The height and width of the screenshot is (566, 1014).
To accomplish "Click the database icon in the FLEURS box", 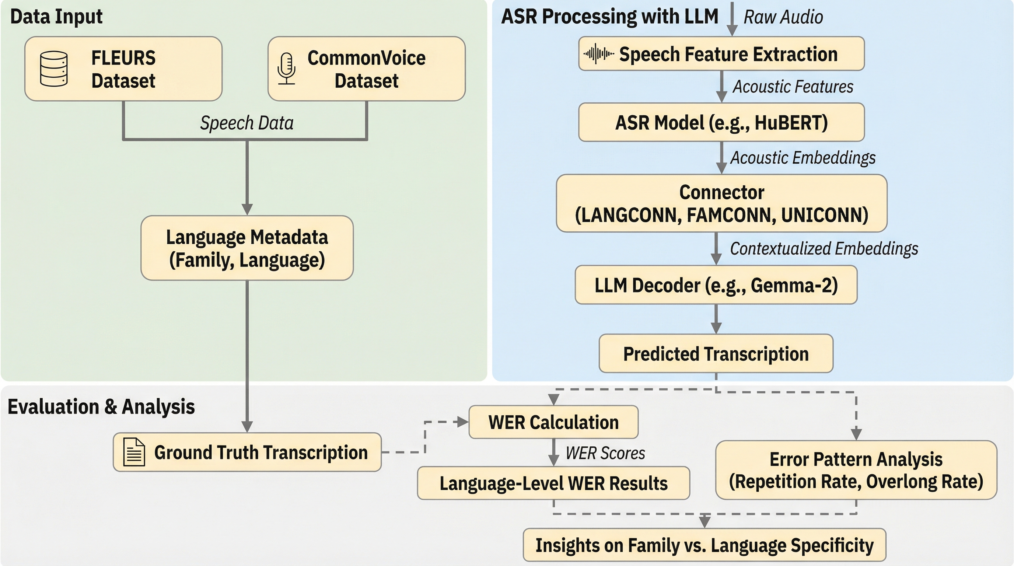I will [54, 69].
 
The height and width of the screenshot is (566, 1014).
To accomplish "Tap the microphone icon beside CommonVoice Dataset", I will [287, 69].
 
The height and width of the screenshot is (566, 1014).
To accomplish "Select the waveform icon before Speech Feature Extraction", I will [598, 54].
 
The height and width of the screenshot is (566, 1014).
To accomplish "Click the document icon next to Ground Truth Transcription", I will [134, 452].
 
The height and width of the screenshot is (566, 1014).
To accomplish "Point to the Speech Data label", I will [247, 123].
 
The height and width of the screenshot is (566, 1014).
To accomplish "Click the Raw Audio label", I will [783, 17].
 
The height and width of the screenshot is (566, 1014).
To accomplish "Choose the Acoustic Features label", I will [793, 87].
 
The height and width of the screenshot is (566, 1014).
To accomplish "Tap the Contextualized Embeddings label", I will [824, 248].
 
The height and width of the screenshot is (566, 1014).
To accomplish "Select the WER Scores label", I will [605, 453].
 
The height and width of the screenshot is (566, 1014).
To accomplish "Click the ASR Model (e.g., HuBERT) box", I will [721, 122].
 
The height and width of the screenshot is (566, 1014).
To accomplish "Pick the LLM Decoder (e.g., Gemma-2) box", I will [716, 285].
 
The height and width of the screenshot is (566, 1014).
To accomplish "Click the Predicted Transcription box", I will [716, 353].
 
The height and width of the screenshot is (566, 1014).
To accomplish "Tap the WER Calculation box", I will [553, 422].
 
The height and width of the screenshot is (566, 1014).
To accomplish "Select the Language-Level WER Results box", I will [553, 483].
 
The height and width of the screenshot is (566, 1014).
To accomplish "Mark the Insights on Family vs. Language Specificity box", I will [704, 545].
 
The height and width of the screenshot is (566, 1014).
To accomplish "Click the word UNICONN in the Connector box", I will [824, 215].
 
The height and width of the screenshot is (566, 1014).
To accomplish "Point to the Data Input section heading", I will [56, 17].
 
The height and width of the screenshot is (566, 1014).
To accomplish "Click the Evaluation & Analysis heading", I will [101, 406].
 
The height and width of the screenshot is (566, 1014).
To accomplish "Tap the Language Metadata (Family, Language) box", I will [247, 248].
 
